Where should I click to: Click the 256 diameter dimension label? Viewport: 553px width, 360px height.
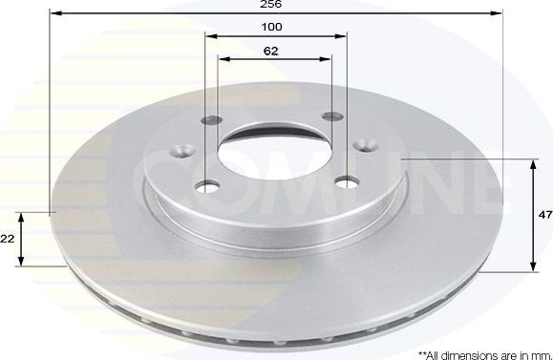click(x=275, y=6)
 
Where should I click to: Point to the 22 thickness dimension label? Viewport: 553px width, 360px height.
click(x=8, y=240)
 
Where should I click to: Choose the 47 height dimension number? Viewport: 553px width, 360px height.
click(x=544, y=216)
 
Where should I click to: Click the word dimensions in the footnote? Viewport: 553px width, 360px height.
click(x=461, y=352)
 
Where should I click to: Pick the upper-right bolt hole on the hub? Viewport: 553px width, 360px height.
click(x=332, y=116)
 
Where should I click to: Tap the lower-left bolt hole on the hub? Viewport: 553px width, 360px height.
click(x=206, y=186)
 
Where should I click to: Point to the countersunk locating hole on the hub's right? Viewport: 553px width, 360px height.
click(x=365, y=145)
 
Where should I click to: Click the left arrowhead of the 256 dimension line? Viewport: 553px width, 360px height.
click(x=53, y=14)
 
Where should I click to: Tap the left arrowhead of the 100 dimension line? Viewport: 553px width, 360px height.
click(x=209, y=35)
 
